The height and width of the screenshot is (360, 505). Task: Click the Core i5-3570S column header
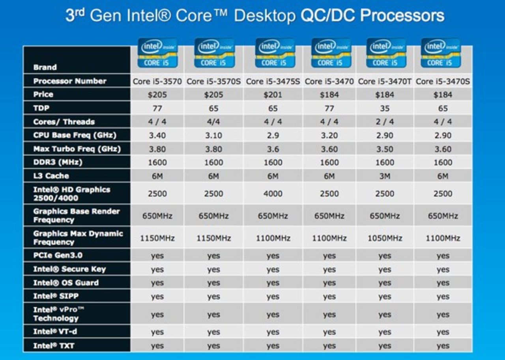tap(213, 82)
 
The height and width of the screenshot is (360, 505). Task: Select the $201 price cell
tap(273, 95)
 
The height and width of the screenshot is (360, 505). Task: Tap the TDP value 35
tap(385, 108)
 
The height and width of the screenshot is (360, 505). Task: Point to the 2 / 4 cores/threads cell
tap(385, 122)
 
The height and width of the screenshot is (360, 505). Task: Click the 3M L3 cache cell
tap(385, 176)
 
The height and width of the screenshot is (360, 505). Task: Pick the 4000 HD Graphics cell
tap(273, 194)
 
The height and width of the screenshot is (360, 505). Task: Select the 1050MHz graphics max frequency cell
tap(385, 238)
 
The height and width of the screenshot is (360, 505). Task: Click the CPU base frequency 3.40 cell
tap(157, 135)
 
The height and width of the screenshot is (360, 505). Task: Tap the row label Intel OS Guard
tap(66, 283)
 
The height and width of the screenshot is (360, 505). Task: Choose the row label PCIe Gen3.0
tap(58, 255)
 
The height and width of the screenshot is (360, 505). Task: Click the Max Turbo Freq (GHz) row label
tap(77, 149)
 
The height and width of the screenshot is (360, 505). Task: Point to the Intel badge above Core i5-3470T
tap(386, 53)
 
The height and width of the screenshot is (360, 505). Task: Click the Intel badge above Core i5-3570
tap(157, 53)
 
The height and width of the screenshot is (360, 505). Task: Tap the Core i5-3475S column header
tap(273, 82)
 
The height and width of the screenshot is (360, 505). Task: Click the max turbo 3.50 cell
tap(385, 149)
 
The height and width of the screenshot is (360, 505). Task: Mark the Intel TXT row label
tap(54, 346)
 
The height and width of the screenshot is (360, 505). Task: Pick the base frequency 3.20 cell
tap(329, 135)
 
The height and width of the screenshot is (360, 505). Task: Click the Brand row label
tap(45, 67)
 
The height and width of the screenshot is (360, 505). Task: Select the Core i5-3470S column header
tap(443, 82)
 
